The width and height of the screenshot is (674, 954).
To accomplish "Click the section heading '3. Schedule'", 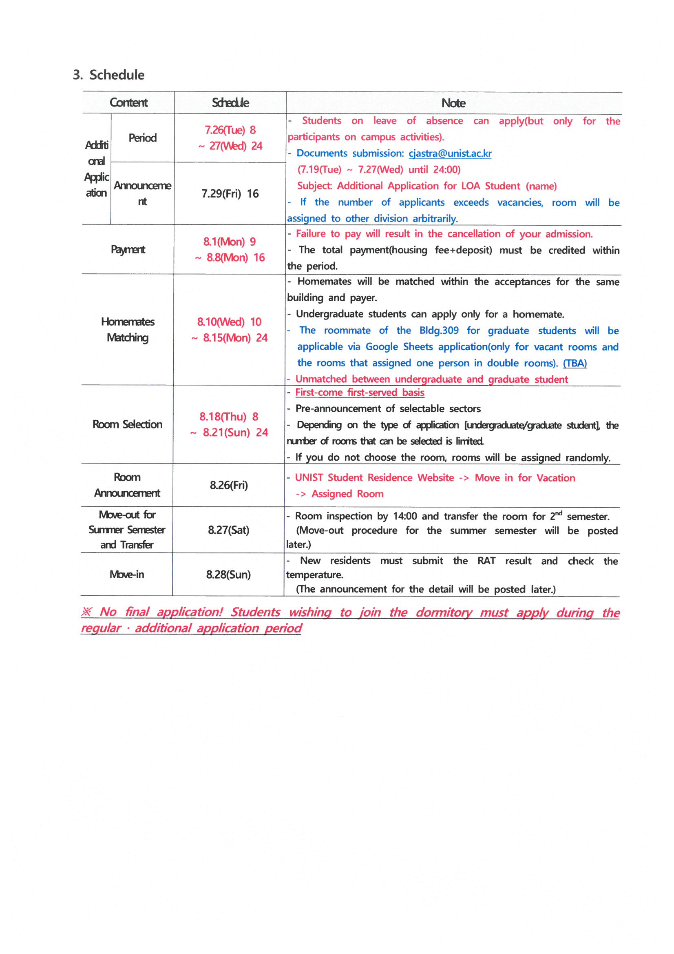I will pyautogui.click(x=109, y=75).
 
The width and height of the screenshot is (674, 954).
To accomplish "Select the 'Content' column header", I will pyautogui.click(x=128, y=103).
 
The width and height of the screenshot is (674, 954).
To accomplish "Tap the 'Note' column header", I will pyautogui.click(x=453, y=103).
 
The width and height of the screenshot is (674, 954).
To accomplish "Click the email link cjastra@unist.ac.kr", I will pyautogui.click(x=450, y=153).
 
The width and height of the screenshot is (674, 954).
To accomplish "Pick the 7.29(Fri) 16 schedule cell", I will pyautogui.click(x=230, y=194).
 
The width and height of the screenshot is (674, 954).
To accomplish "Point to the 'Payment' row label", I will pyautogui.click(x=128, y=249).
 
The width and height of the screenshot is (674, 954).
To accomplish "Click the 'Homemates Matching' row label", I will pyautogui.click(x=128, y=330).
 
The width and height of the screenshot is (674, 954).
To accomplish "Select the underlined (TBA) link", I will pyautogui.click(x=575, y=363).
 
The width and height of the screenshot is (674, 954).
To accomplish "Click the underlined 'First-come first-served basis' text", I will pyautogui.click(x=360, y=392).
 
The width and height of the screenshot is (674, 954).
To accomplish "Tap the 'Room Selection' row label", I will pyautogui.click(x=128, y=424).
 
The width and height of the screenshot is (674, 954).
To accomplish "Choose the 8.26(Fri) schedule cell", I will pyautogui.click(x=229, y=485).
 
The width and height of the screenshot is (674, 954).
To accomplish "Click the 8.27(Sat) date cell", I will pyautogui.click(x=229, y=530).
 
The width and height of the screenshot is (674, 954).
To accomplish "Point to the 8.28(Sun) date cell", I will pyautogui.click(x=228, y=574).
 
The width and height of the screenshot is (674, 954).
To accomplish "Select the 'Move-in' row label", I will pyautogui.click(x=127, y=574).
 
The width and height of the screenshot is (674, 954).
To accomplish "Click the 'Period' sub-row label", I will pyautogui.click(x=142, y=138).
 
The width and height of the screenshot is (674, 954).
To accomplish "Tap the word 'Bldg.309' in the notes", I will pyautogui.click(x=439, y=331).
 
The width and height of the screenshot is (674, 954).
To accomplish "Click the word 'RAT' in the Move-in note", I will pyautogui.click(x=486, y=561).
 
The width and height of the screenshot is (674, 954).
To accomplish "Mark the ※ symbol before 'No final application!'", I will pyautogui.click(x=86, y=612).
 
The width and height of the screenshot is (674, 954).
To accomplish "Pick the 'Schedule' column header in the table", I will pyautogui.click(x=230, y=103).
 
